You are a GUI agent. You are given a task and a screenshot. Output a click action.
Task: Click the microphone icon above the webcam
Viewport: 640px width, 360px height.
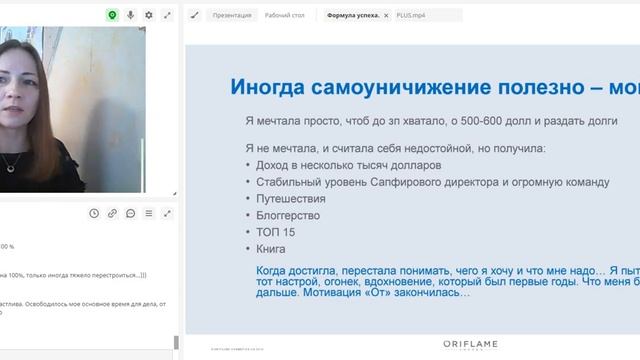(x=130, y=15)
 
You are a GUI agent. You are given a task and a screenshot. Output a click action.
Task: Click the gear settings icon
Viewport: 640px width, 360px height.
(x=149, y=15)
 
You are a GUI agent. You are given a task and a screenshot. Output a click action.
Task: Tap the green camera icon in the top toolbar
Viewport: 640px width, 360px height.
(x=112, y=15)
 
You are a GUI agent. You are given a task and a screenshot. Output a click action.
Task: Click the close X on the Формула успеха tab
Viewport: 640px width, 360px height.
(x=386, y=16)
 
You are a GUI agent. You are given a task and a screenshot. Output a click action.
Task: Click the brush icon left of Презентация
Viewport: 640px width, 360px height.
(x=194, y=15)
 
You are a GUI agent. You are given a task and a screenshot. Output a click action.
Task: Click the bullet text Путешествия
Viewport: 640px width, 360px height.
(x=285, y=198)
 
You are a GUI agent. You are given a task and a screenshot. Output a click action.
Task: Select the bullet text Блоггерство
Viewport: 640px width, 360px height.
(x=287, y=215)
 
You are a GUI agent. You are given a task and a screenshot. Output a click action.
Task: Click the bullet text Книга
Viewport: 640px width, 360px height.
(x=271, y=248)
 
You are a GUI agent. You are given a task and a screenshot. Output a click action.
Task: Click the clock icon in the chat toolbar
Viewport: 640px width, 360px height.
(x=94, y=213)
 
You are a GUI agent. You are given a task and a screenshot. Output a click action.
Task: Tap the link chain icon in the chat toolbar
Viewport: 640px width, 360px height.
(x=112, y=213)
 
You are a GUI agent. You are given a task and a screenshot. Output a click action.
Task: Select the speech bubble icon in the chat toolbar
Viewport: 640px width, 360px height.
(x=130, y=213)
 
